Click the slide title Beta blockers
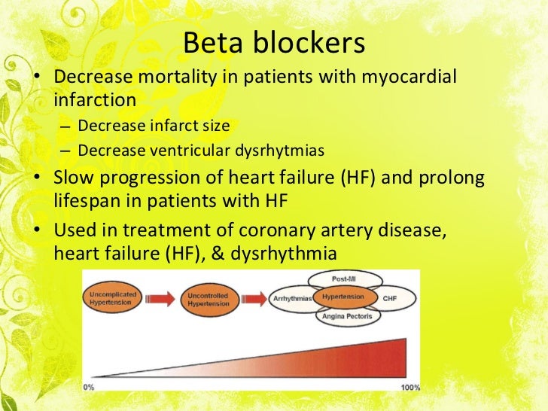click(x=274, y=43)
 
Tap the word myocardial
click(x=416, y=78)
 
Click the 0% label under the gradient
click(x=90, y=386)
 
